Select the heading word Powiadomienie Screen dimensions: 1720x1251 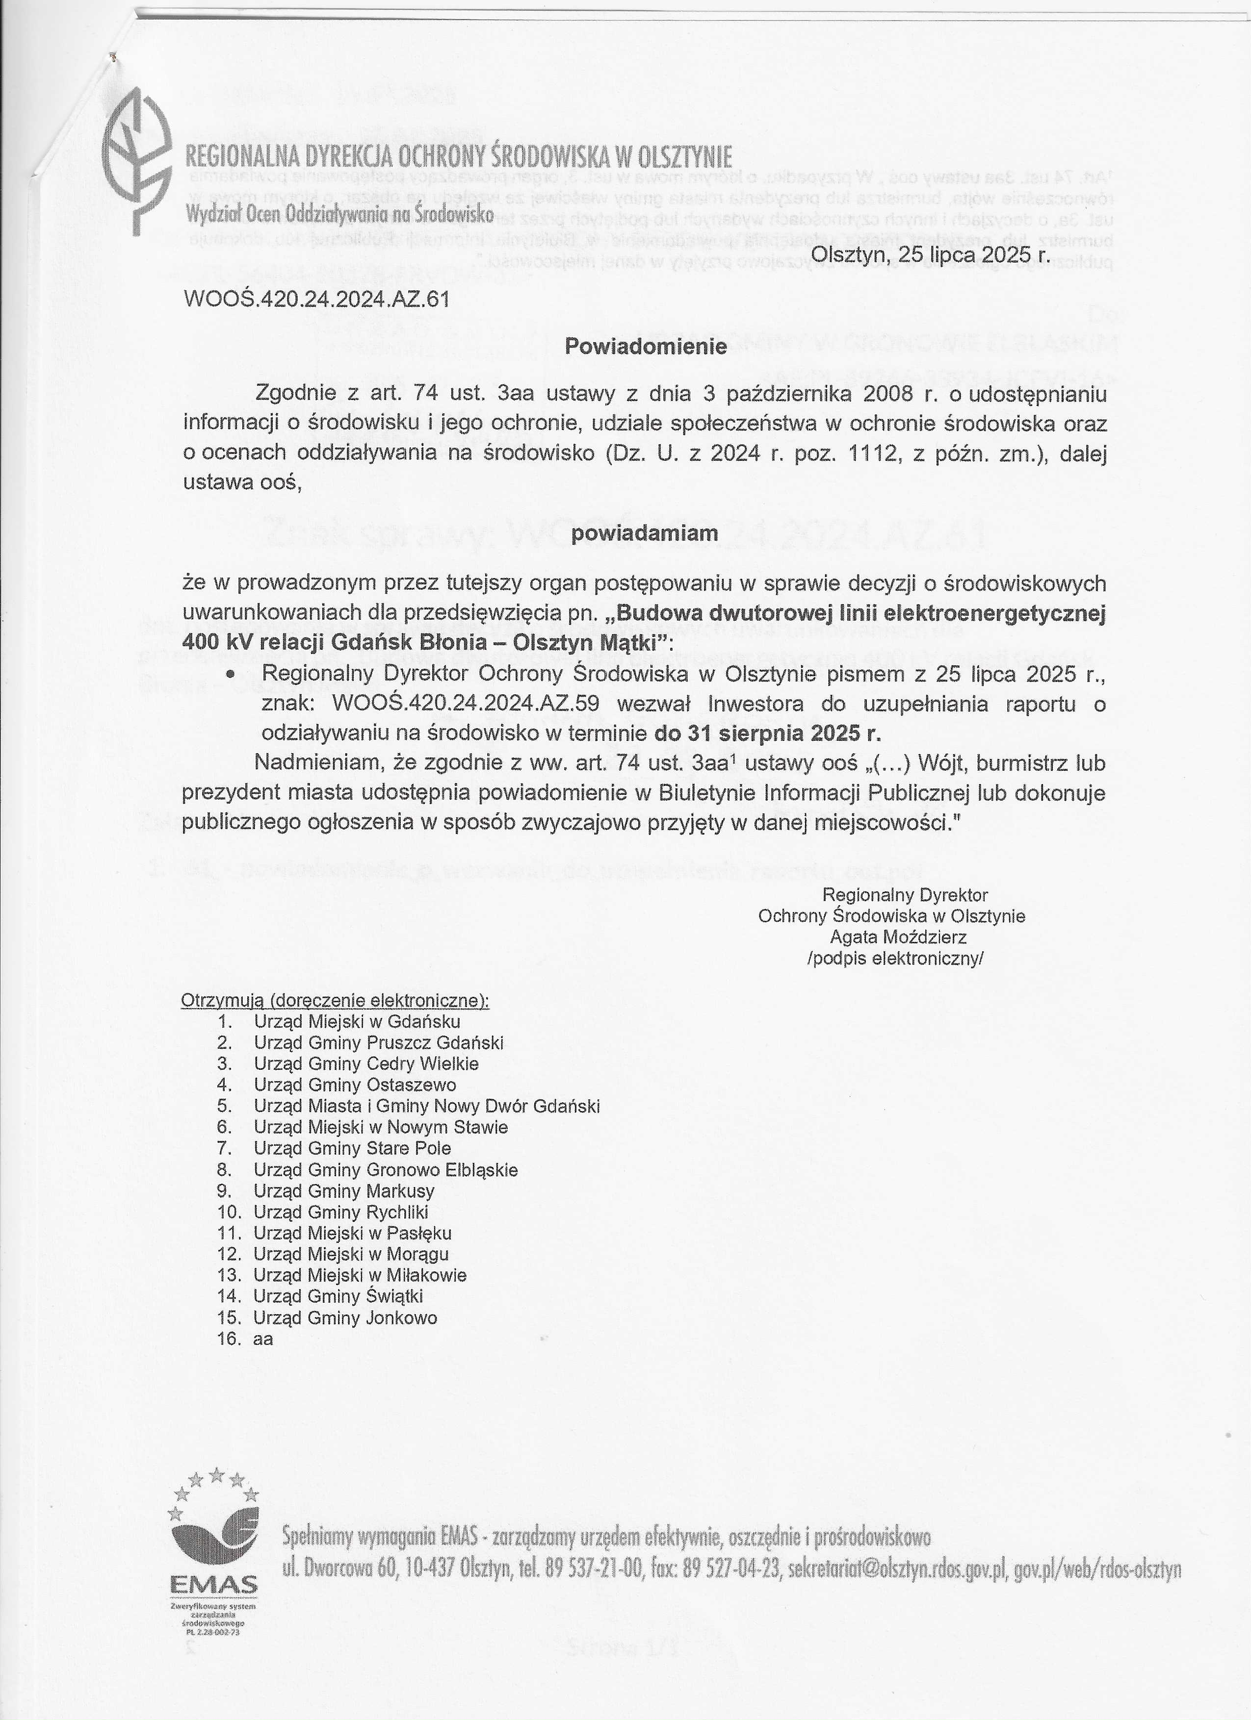pyautogui.click(x=646, y=347)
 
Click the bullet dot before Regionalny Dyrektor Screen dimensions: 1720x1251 pyautogui.click(x=231, y=674)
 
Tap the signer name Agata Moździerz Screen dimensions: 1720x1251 pyautogui.click(x=897, y=936)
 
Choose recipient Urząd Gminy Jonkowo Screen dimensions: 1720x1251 pyautogui.click(x=345, y=1317)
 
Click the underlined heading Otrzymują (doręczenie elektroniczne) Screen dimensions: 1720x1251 pyautogui.click(x=335, y=1000)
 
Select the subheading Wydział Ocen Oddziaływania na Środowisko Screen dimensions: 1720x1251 pyautogui.click(x=340, y=215)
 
